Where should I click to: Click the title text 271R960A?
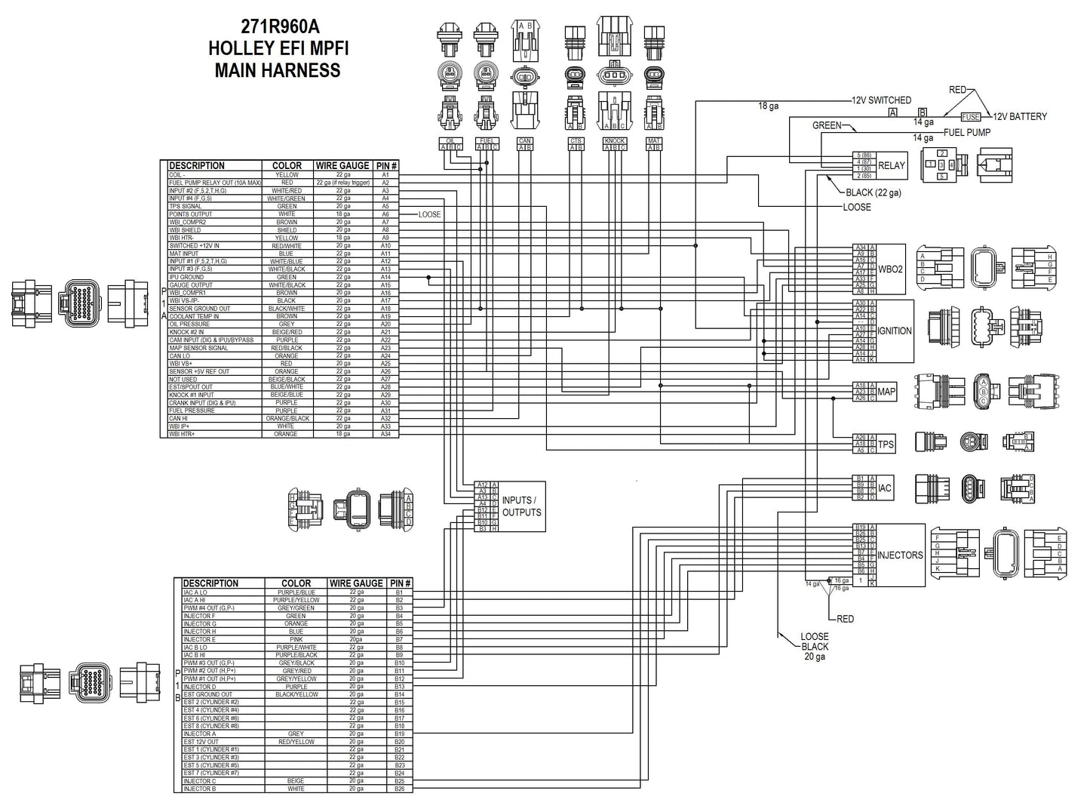pyautogui.click(x=277, y=26)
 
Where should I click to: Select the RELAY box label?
pyautogui.click(x=892, y=165)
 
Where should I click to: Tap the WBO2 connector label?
pyautogui.click(x=891, y=269)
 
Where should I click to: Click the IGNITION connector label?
pyautogui.click(x=895, y=331)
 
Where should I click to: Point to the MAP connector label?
pyautogui.click(x=886, y=392)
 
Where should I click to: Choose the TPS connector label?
pyautogui.click(x=886, y=444)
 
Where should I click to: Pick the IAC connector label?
pyautogui.click(x=885, y=488)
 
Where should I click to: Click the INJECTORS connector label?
pyautogui.click(x=900, y=555)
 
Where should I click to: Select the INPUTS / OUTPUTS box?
pyautogui.click(x=521, y=506)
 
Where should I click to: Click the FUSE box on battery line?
pyautogui.click(x=970, y=117)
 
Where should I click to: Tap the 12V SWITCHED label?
pyautogui.click(x=881, y=100)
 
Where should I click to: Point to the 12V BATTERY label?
pyautogui.click(x=1020, y=117)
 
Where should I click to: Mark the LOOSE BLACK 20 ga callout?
pyautogui.click(x=815, y=647)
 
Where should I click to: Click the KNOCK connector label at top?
pyautogui.click(x=615, y=141)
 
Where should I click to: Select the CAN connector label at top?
pyautogui.click(x=524, y=141)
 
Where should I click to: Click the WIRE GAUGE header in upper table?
pyautogui.click(x=342, y=165)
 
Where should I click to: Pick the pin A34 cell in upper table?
pyautogui.click(x=385, y=434)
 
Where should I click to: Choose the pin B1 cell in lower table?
pyautogui.click(x=399, y=592)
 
